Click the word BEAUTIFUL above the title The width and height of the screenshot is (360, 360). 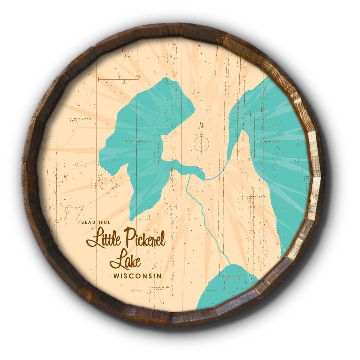(95, 222)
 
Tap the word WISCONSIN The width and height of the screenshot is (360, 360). (137, 276)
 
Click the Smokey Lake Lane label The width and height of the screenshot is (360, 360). (256, 197)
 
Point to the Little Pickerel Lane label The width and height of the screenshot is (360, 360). (78, 119)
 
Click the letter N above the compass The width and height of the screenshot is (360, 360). (201, 126)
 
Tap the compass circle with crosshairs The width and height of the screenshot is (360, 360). (202, 144)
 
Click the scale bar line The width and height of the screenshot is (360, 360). (118, 79)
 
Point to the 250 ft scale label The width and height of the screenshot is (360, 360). (119, 76)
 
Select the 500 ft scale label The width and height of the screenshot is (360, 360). (137, 76)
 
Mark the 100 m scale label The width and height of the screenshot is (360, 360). (124, 82)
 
